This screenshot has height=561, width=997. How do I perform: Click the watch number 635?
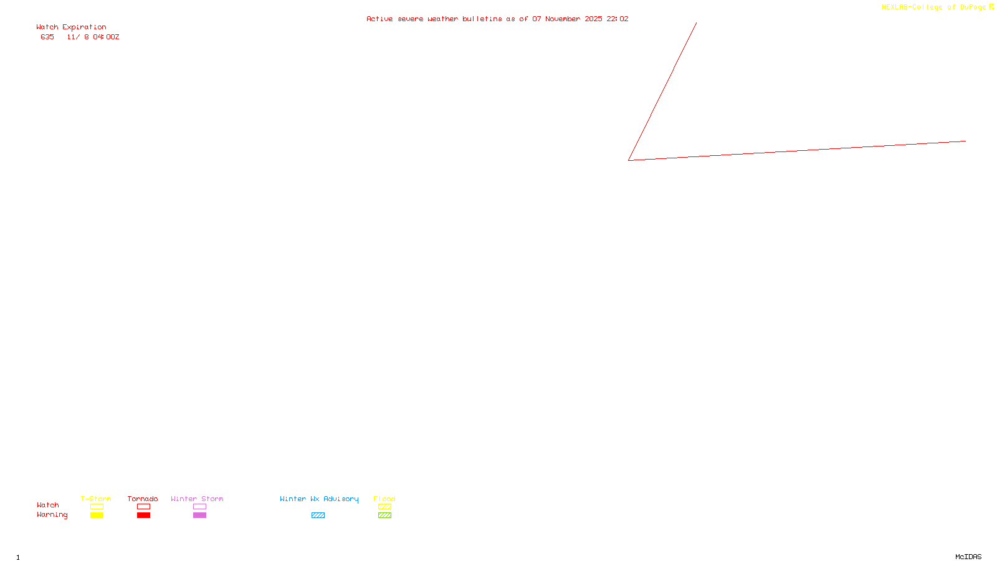point(47,37)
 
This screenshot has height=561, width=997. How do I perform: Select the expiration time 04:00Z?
point(106,37)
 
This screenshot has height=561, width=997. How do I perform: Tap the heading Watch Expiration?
point(71,27)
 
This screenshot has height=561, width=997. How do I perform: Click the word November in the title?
point(563,19)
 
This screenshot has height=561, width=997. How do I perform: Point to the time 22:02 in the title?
point(618,19)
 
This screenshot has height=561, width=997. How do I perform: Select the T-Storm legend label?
point(96,499)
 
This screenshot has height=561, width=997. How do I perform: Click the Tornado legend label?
point(143,499)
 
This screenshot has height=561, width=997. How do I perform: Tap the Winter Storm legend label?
point(197,499)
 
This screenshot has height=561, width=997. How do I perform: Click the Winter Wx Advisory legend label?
point(319,499)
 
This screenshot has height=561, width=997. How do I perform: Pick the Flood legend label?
point(384,499)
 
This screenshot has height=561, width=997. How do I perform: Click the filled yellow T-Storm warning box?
point(97,515)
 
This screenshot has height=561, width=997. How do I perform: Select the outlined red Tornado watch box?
point(143,507)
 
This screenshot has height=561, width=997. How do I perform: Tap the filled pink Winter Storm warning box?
point(199,515)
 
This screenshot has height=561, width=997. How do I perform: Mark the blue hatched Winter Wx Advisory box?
point(318,515)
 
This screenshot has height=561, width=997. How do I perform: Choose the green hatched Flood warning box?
point(384,515)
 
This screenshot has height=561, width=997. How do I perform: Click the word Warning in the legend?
point(52,515)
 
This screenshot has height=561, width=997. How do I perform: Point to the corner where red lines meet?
point(629,160)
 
